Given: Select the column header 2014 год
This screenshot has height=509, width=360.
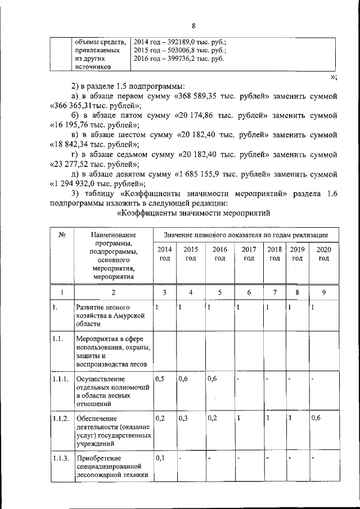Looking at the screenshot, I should (x=164, y=254).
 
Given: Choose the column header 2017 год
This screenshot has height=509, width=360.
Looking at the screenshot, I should (x=248, y=254).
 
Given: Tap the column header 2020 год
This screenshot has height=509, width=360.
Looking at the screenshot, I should (x=323, y=254).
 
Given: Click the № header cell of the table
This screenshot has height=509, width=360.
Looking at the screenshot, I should (x=62, y=235).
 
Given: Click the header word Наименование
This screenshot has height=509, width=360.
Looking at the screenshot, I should (x=114, y=235).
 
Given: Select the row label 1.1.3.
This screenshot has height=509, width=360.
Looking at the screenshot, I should (x=60, y=457).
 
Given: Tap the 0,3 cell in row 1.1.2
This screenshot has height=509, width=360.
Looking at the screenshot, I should (x=183, y=418).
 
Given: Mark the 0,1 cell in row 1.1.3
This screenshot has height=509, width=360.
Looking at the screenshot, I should (x=160, y=457).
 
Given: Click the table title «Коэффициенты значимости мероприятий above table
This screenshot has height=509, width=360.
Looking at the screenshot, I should (x=194, y=213).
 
